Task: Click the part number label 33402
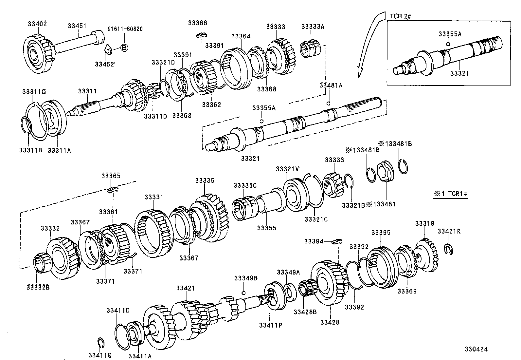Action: pos(37,24)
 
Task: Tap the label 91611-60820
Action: pos(125,29)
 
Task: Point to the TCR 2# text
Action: pos(400,16)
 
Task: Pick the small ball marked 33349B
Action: pos(243,293)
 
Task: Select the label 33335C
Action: pos(245,185)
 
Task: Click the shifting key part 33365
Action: pos(112,190)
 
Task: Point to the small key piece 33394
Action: pos(336,241)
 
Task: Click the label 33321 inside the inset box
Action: pos(459,73)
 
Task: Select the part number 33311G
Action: pos(34,91)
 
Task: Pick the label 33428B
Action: pos(305,312)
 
